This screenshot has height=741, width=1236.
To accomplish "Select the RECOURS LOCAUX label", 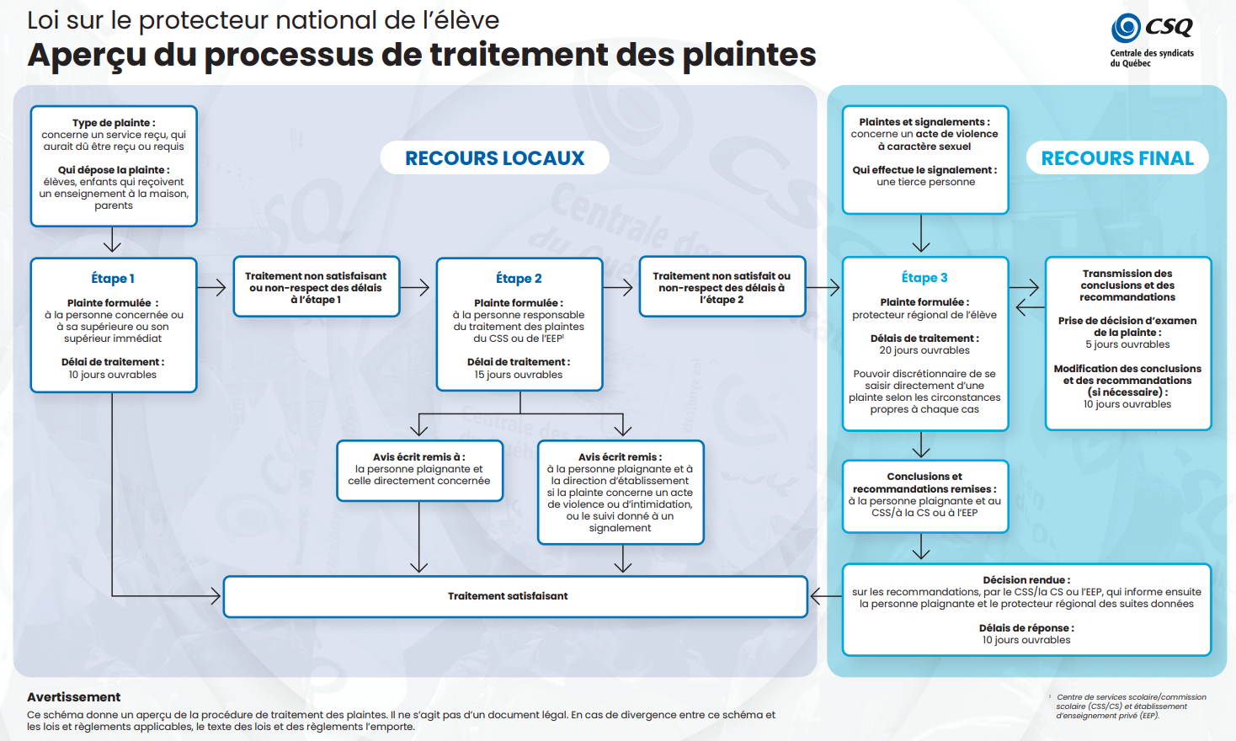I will [494, 158].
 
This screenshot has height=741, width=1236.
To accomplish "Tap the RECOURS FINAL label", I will [1117, 158].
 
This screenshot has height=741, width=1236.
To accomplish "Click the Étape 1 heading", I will [113, 279].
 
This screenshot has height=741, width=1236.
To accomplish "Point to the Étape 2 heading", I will [519, 279].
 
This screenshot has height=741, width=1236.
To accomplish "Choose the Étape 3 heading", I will [924, 278].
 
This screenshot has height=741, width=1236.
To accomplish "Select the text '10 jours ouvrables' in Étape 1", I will [113, 375].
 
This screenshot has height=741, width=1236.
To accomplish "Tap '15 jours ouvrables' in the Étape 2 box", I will [519, 375].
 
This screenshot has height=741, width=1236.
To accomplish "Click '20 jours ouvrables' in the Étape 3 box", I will [924, 350].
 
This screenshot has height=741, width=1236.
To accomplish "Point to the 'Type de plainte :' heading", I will [114, 123].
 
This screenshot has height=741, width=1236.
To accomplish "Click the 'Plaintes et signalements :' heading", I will [924, 122].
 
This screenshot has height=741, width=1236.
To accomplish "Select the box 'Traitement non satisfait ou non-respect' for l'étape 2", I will [722, 287].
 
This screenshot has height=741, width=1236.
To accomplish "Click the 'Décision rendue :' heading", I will [1026, 580].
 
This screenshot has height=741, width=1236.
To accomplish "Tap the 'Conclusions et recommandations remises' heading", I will [924, 482].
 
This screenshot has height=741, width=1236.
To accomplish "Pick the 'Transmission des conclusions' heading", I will [1127, 285].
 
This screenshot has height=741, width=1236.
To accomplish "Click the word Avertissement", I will [74, 697].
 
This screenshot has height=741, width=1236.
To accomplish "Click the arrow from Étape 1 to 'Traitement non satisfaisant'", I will [215, 287].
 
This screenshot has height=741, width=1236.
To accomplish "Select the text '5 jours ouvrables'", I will [1127, 344].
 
